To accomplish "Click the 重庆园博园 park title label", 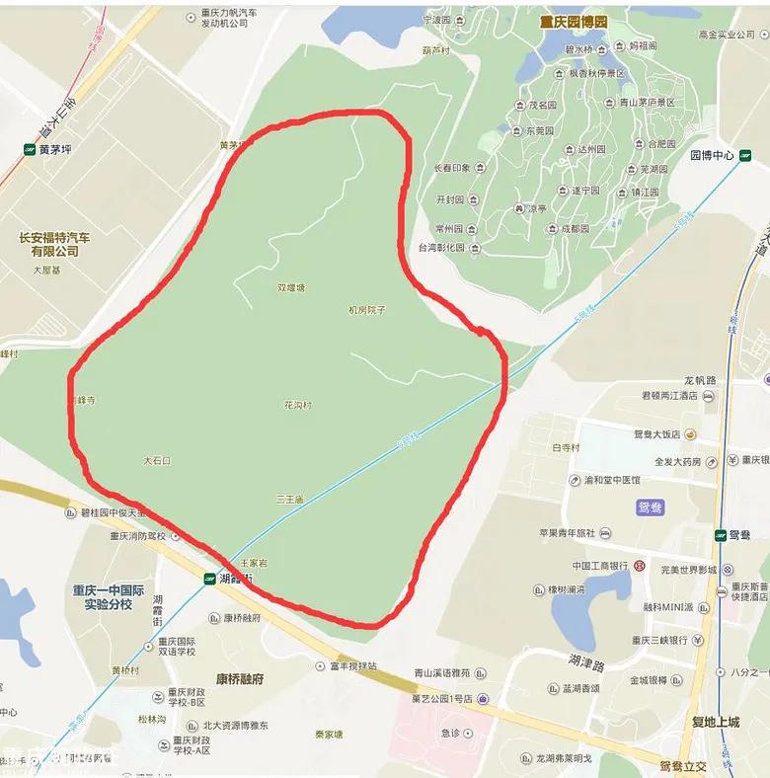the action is tap(573, 22).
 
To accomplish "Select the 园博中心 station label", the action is tap(711, 156).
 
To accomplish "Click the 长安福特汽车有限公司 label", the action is tap(54, 244).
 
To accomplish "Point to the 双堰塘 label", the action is tap(291, 288).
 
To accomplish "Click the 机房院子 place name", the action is tap(366, 310).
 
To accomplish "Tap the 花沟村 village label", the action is tap(298, 405).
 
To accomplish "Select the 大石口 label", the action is tap(157, 461).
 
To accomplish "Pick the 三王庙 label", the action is tap(289, 500).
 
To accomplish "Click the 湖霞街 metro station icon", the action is tap(209, 579).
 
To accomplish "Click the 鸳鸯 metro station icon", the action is tap(721, 535).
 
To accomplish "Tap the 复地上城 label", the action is tap(715, 722).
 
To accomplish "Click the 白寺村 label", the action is tap(566, 447).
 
